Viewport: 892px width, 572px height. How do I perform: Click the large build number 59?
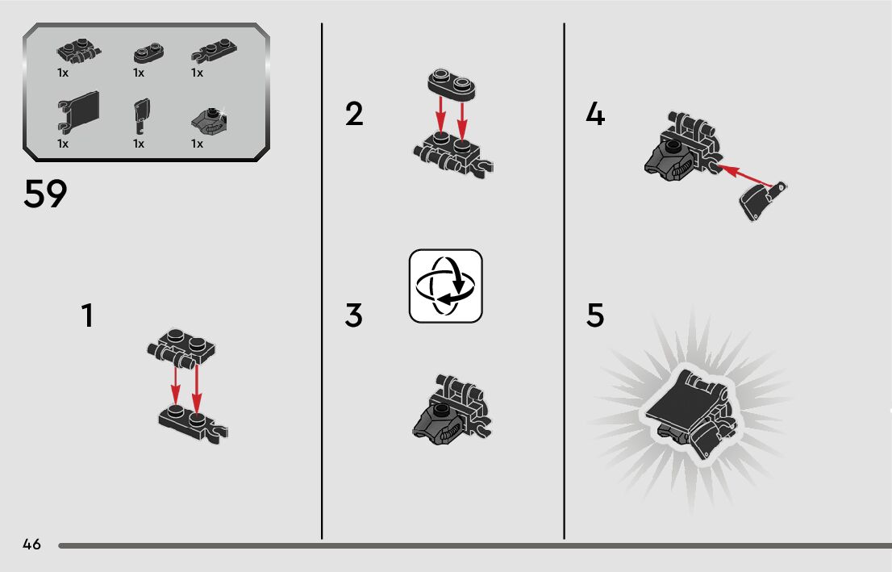click(45, 194)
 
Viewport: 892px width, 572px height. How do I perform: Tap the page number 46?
click(32, 544)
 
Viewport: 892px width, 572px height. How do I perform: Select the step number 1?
click(87, 315)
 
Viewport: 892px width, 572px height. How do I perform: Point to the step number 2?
click(354, 114)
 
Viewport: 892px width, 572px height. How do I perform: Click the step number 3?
click(353, 315)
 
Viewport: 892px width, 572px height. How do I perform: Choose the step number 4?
click(595, 114)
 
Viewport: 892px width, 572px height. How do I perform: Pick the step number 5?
click(595, 315)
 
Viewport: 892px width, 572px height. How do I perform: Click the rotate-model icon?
click(445, 286)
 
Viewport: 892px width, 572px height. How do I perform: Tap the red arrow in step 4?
click(744, 176)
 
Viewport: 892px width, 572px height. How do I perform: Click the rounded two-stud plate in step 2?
click(452, 85)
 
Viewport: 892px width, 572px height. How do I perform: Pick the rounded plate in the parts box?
click(149, 53)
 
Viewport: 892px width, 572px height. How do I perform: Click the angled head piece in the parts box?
click(210, 121)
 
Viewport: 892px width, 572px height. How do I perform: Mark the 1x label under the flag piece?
click(63, 144)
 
